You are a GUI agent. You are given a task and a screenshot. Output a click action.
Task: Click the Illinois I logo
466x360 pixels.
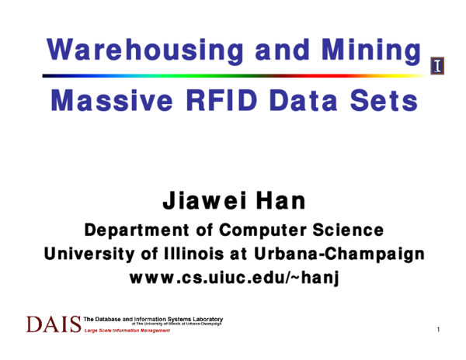click(x=437, y=67)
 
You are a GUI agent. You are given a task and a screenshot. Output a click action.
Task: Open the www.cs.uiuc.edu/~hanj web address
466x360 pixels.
click(x=233, y=277)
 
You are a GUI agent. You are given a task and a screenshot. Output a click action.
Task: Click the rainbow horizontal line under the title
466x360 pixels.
click(x=233, y=76)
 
